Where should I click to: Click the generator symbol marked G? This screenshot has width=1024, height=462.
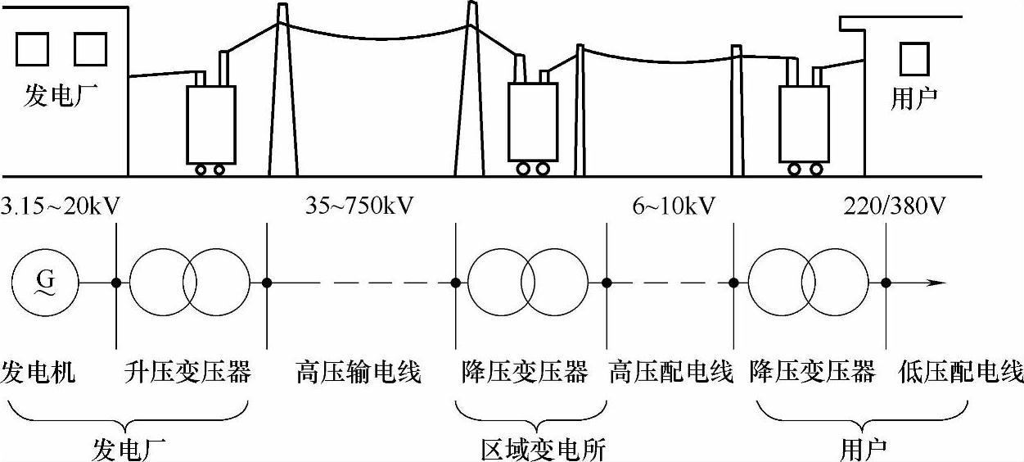44,283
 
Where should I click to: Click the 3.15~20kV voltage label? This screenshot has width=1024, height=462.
61,205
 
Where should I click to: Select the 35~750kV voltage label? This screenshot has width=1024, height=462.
359,205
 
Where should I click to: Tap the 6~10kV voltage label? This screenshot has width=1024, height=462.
674,205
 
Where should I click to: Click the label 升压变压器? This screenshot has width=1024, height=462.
187,374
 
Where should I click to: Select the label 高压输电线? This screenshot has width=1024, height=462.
358,374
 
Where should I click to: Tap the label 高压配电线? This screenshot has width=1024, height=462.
670,374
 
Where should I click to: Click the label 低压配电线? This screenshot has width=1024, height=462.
961,374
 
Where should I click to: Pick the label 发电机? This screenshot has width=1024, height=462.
38,374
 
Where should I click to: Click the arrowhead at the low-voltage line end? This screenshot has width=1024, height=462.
938,283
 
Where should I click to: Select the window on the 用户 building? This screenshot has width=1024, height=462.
913,58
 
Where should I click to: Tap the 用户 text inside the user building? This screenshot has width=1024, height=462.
913,99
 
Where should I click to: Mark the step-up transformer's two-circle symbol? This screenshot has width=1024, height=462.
189,283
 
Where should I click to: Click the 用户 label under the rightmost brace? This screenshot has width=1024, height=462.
864,447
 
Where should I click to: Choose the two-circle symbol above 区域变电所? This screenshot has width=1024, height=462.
528,283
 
